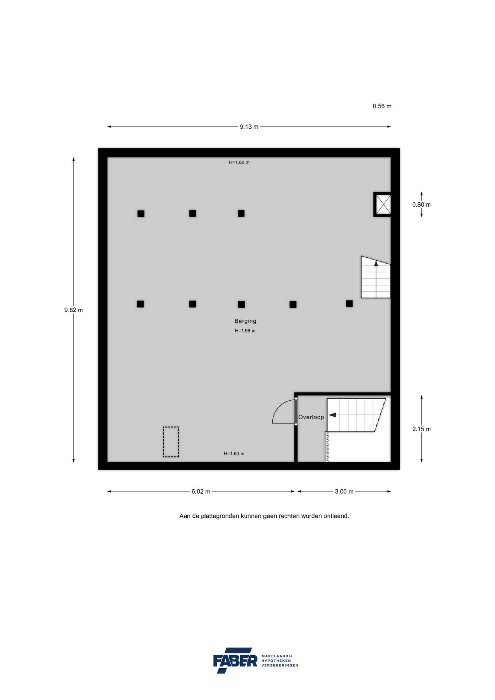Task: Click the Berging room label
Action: coord(245,321)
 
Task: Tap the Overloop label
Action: coord(311,417)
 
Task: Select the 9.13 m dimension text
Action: coord(249,127)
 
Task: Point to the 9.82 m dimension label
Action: coord(74,310)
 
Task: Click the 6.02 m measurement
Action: coord(201,491)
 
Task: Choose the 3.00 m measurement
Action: coord(344,491)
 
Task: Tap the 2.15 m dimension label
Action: coord(421,429)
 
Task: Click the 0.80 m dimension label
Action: coord(421,205)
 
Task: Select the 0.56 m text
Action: coord(382,106)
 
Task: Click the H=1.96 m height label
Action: coord(245,331)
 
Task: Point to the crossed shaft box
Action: coord(383,204)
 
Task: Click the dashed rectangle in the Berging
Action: coord(171,442)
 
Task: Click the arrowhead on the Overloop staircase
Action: coord(332,415)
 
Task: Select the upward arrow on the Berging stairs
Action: coord(376,263)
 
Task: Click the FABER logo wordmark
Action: coord(235,660)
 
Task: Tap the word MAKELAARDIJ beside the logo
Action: coord(277,656)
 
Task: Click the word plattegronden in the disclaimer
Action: coord(220,516)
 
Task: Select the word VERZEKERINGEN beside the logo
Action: coord(280,665)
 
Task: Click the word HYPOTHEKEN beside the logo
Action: coord(276,661)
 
